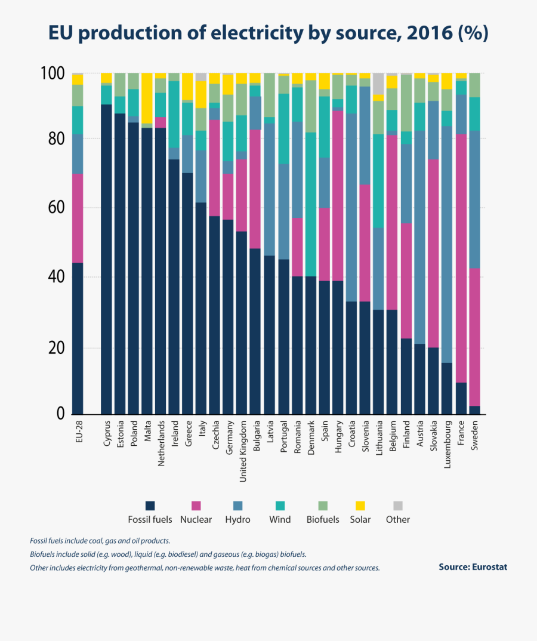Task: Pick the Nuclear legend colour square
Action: (196, 506)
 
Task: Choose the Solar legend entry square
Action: (360, 506)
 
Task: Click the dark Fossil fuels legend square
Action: (150, 506)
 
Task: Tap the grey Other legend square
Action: (398, 506)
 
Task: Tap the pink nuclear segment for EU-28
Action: (78, 218)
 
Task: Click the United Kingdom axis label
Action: (243, 450)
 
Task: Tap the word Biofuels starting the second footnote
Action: (44, 554)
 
